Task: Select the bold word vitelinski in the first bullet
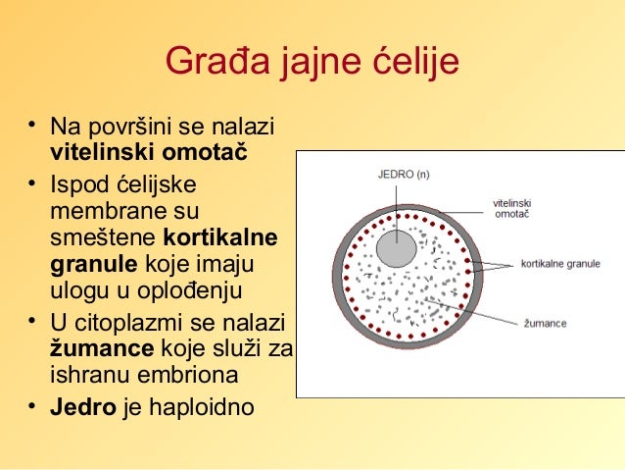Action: (x=95, y=155)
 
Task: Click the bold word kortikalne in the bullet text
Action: (x=219, y=237)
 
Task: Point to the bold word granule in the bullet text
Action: (x=93, y=264)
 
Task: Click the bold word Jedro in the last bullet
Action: (x=82, y=405)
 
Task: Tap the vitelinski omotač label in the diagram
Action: (x=512, y=209)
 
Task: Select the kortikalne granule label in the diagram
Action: (x=560, y=264)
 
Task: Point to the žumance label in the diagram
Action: (x=544, y=323)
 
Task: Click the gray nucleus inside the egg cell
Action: (x=397, y=249)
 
